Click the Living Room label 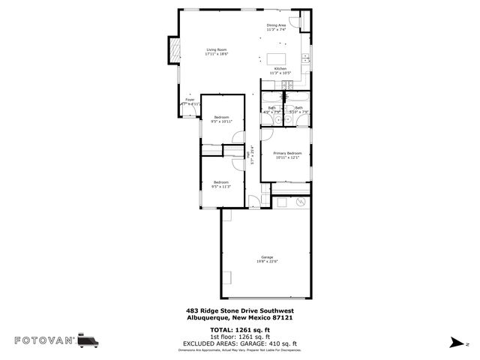(x=216, y=52)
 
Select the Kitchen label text (x=280, y=70)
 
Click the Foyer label (x=190, y=101)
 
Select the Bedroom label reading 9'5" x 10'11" (x=221, y=118)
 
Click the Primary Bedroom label (x=287, y=155)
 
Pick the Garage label (x=267, y=259)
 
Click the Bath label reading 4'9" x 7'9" (x=271, y=110)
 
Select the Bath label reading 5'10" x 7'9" (x=298, y=110)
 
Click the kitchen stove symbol (x=305, y=57)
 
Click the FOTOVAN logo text (x=44, y=340)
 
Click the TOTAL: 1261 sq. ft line (x=239, y=329)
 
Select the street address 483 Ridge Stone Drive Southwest (x=239, y=310)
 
